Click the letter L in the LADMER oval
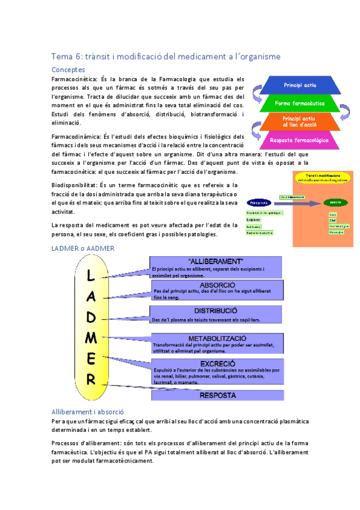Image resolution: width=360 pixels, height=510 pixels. click(90, 275)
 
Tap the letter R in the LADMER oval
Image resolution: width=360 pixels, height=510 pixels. click(90, 379)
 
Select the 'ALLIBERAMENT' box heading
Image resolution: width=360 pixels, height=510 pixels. click(215, 262)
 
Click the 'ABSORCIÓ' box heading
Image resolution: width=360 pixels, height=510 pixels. click(216, 284)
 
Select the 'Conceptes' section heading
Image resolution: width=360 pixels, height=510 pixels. click(69, 70)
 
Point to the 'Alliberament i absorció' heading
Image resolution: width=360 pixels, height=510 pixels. click(88, 412)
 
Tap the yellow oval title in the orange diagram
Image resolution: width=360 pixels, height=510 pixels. click(322, 177)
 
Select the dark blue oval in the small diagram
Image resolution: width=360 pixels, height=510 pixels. click(257, 203)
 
